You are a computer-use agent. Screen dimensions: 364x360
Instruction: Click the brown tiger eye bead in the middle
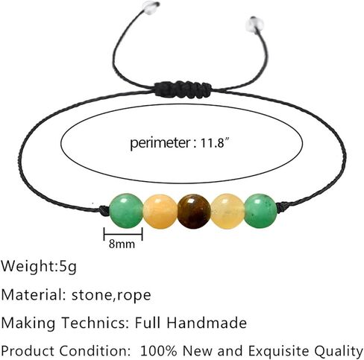pos(194,212)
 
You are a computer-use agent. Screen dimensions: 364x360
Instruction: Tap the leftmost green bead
pos(126,211)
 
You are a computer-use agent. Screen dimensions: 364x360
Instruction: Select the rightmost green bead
pos(260,211)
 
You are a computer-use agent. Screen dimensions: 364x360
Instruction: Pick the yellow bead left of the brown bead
pos(160,212)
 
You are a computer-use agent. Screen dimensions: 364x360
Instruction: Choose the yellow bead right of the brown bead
pos(228,212)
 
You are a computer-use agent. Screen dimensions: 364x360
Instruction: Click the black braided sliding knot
pos(183,89)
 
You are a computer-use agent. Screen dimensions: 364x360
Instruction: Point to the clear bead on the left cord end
pos(151,5)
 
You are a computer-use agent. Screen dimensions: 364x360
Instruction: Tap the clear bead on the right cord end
pos(254,25)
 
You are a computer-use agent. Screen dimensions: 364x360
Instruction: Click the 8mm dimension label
pos(122,244)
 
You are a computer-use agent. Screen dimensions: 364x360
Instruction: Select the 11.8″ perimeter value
pos(215,143)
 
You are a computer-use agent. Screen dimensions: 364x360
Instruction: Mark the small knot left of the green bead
pos(104,211)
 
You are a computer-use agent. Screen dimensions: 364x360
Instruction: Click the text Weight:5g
pos(39,266)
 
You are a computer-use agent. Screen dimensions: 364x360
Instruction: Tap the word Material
pos(33,294)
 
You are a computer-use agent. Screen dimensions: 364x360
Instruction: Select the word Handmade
pos(207,323)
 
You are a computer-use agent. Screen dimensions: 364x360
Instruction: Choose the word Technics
pos(95,323)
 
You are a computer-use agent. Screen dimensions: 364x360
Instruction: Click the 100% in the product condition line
pos(159,351)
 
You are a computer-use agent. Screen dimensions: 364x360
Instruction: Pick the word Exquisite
pos(279,351)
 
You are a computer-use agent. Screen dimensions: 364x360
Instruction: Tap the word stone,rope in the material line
pos(111,295)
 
